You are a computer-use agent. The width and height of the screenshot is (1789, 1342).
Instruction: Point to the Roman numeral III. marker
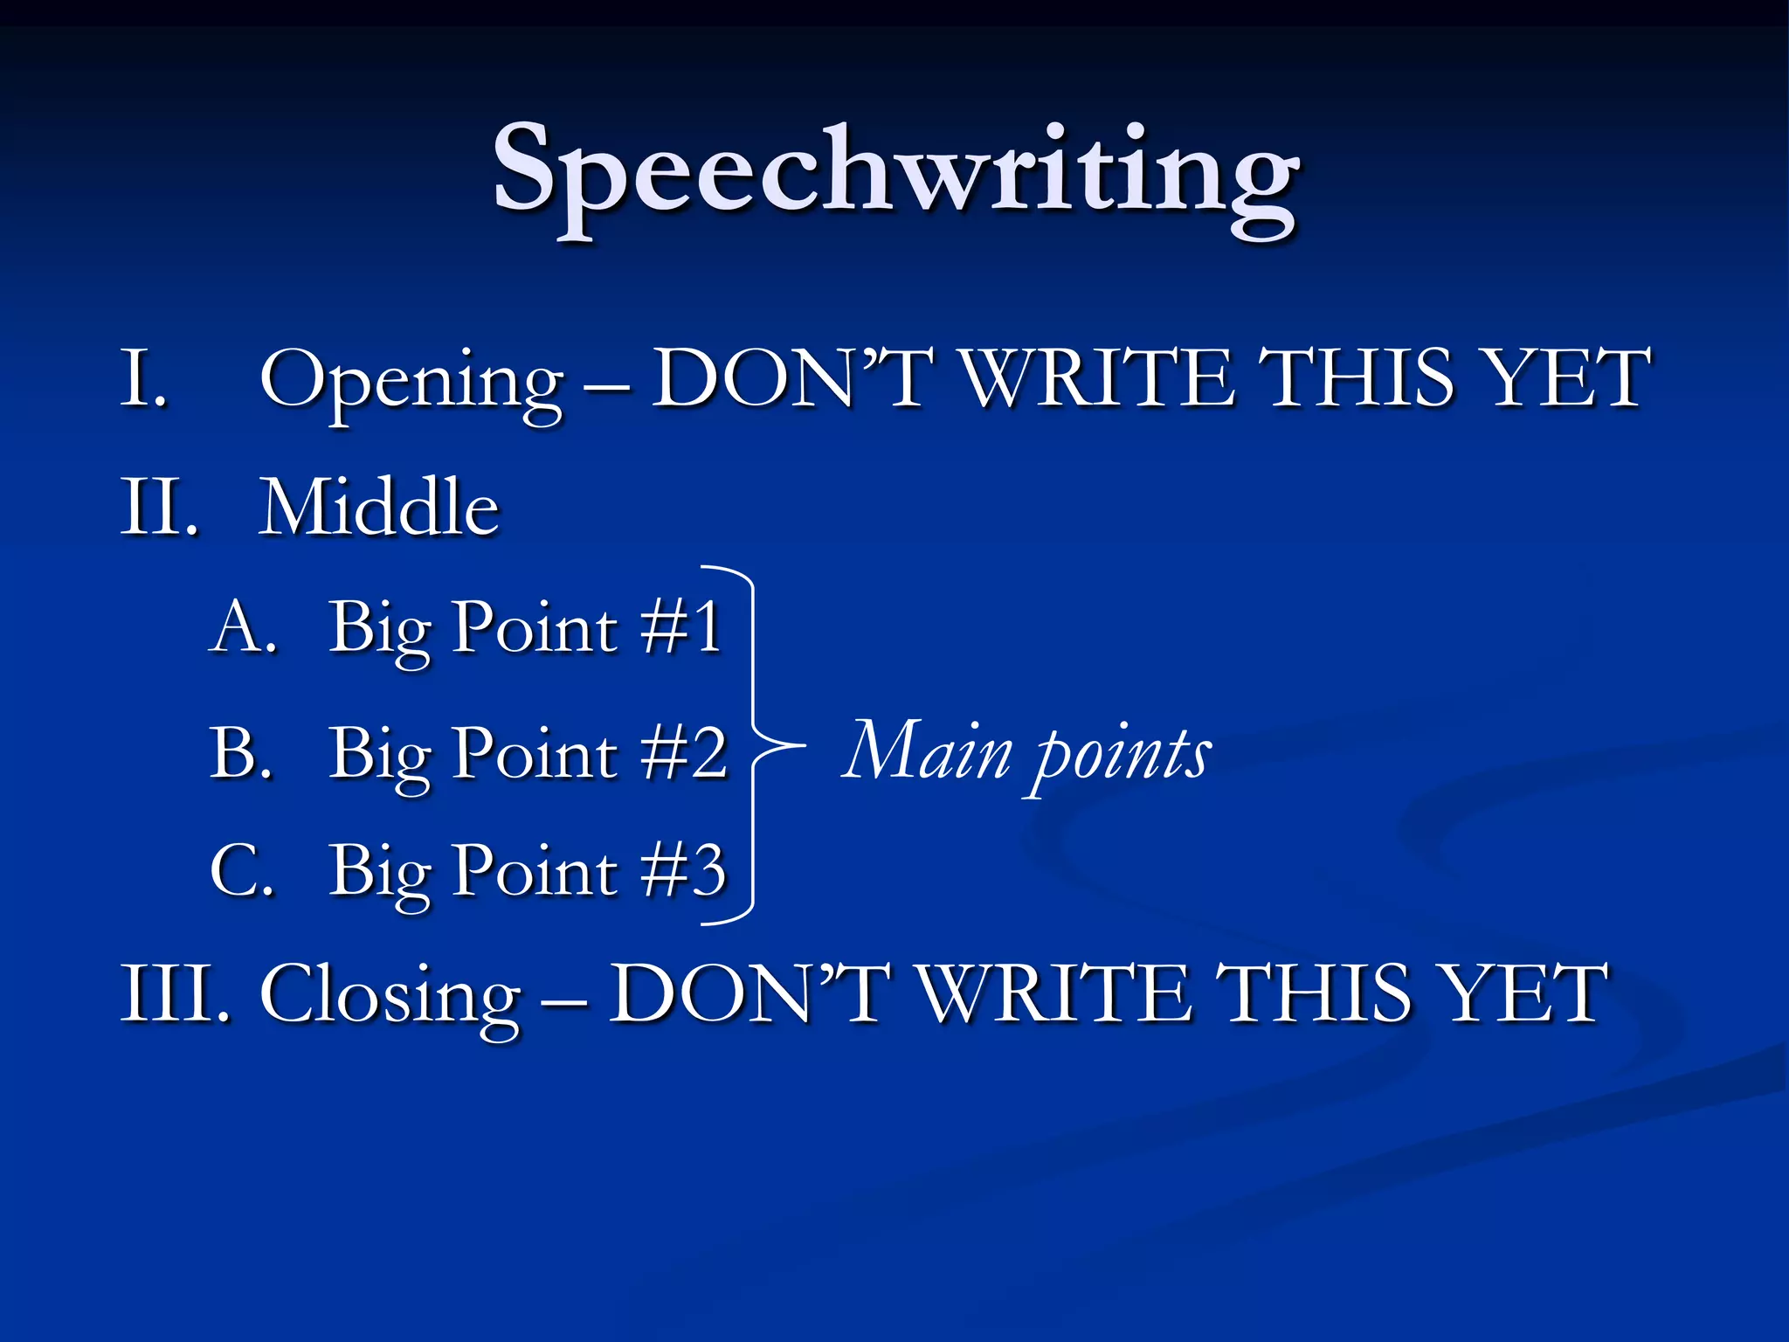coord(175,993)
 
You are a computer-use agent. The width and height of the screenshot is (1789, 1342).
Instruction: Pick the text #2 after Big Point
coord(683,752)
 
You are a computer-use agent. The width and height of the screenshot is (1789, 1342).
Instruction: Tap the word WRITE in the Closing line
coord(1055,993)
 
